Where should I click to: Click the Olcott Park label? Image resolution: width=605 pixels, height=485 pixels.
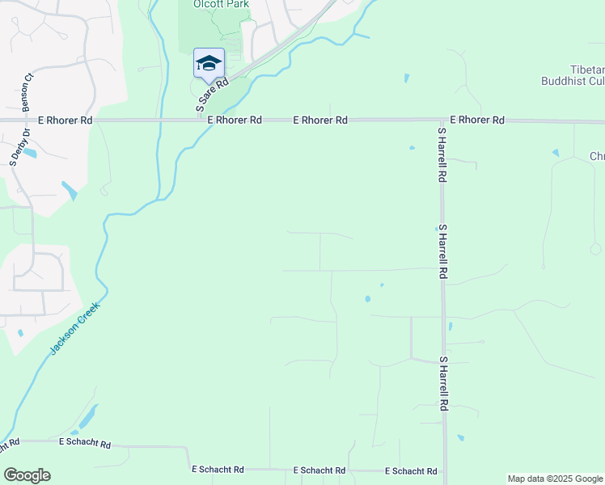tap(221, 4)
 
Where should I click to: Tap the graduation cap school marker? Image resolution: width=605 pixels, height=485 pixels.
tap(209, 64)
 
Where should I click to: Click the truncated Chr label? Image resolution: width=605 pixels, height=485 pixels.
tap(597, 156)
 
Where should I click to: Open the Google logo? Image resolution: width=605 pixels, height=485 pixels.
tap(27, 475)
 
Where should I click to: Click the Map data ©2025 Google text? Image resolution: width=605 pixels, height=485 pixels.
tap(556, 479)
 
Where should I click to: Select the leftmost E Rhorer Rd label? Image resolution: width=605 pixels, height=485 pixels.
tap(65, 120)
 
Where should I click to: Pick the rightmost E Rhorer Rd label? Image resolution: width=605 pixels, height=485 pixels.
tap(477, 120)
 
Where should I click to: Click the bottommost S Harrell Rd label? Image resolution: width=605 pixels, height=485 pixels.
tap(443, 384)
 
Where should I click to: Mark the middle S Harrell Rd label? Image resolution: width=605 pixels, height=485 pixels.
tap(442, 252)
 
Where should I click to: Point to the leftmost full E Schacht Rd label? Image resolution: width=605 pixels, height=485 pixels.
tap(85, 444)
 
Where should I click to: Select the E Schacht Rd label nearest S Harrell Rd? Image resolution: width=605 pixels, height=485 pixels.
tap(411, 470)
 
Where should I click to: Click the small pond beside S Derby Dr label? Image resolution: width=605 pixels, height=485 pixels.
tap(31, 153)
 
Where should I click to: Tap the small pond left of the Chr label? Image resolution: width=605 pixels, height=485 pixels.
tap(555, 153)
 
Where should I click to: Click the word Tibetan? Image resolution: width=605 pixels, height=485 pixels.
tap(587, 69)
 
